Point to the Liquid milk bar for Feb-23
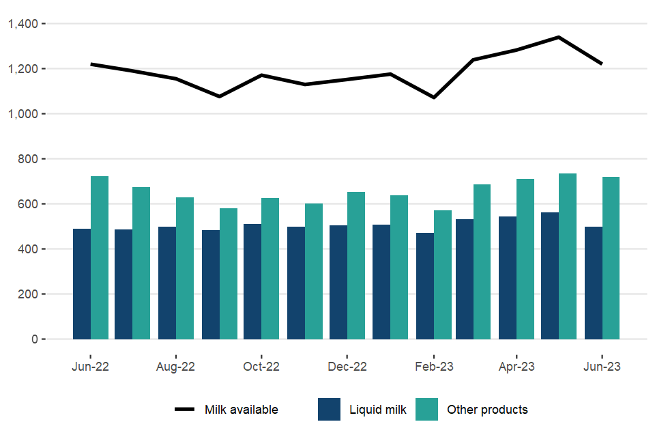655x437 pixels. pyautogui.click(x=424, y=286)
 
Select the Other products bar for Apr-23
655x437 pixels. pyautogui.click(x=525, y=259)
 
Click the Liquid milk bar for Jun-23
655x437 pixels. pyautogui.click(x=594, y=283)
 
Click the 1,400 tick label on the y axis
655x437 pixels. pyautogui.click(x=27, y=24)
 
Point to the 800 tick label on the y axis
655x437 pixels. pyautogui.click(x=31, y=159)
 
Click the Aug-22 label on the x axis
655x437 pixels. pyautogui.click(x=176, y=367)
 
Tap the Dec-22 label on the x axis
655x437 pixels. pyautogui.click(x=347, y=367)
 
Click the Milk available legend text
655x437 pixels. pyautogui.click(x=242, y=410)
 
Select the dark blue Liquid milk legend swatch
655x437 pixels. pyautogui.click(x=329, y=410)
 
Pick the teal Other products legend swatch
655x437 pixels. pyautogui.click(x=427, y=410)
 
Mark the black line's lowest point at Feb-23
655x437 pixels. pyautogui.click(x=433, y=98)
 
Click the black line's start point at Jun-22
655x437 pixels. pyautogui.click(x=91, y=64)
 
